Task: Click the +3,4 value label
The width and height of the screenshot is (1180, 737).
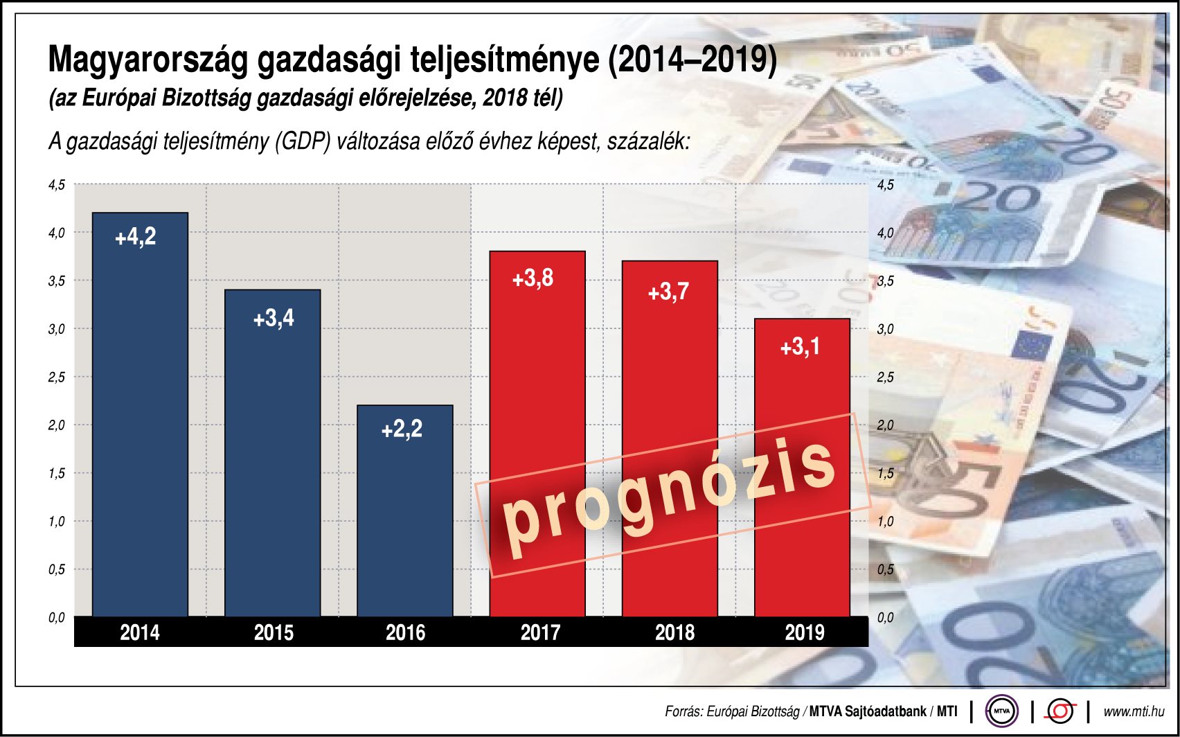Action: click(x=274, y=319)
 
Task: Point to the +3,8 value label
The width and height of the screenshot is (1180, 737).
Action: click(x=533, y=278)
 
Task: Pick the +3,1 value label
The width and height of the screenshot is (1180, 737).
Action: click(x=800, y=346)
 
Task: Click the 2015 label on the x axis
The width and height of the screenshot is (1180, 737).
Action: click(x=274, y=632)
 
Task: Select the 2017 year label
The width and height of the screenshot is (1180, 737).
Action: click(x=540, y=632)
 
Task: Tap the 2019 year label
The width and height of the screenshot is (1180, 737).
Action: click(x=805, y=632)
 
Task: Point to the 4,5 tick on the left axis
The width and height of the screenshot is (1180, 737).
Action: click(x=57, y=185)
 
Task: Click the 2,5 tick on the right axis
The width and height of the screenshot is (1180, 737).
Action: click(x=886, y=378)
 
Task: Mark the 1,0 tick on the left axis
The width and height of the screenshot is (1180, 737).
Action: click(x=57, y=522)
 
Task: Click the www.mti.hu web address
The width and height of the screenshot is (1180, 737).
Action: click(x=1134, y=711)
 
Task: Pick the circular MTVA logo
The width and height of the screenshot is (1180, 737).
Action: click(x=1001, y=711)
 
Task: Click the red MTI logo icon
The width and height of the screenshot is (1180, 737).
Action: click(x=1060, y=711)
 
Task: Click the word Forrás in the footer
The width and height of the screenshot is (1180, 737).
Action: click(x=683, y=711)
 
